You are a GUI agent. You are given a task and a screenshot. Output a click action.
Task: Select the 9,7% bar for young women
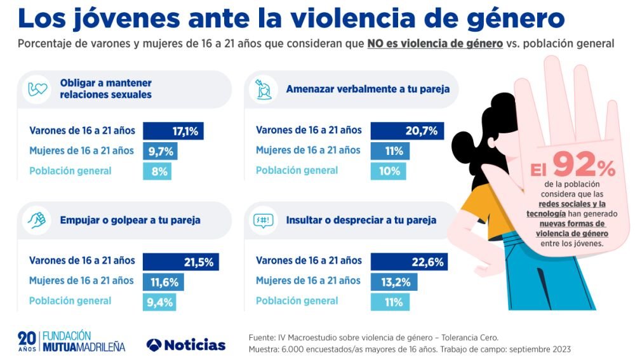click(x=159, y=151)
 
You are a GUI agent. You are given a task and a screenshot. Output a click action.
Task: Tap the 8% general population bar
click(x=157, y=171)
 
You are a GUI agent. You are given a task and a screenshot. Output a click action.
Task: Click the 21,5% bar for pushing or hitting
click(x=180, y=261)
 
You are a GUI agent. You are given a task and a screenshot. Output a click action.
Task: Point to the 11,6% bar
click(x=163, y=281)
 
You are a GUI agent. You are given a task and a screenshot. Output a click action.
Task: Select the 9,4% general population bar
click(x=159, y=302)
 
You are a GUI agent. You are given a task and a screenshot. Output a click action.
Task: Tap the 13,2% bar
click(x=393, y=281)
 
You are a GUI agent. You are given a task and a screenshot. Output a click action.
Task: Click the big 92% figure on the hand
click(x=583, y=167)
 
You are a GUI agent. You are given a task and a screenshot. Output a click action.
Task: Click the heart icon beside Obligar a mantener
click(x=38, y=89)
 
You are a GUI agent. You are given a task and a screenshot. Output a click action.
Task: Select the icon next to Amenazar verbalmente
click(x=264, y=89)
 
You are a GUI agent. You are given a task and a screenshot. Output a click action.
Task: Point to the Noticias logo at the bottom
click(x=185, y=345)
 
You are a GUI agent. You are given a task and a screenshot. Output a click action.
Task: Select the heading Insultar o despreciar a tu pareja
click(x=361, y=220)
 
